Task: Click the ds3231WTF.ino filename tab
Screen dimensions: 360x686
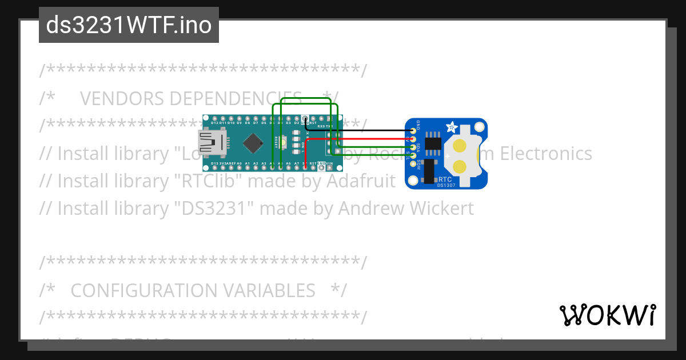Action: point(129,25)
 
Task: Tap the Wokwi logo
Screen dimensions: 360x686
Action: point(607,315)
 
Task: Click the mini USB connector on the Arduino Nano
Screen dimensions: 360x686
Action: point(212,143)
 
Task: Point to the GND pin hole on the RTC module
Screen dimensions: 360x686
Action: point(412,131)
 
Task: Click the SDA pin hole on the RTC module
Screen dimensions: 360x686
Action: point(412,147)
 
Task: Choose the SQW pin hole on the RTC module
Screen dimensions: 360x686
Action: point(412,163)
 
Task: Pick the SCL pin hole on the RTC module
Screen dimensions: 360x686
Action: point(412,155)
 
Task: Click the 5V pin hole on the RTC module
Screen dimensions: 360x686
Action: point(412,139)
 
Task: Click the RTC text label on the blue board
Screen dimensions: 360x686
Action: point(445,179)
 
